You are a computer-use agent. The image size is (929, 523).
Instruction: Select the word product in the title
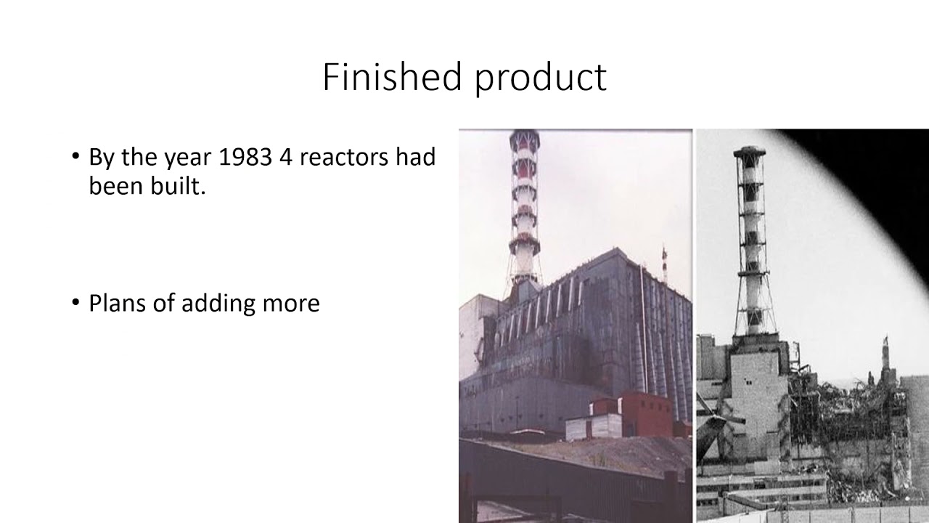coord(541,78)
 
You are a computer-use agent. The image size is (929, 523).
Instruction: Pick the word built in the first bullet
coord(185,186)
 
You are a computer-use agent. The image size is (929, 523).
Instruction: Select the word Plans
coord(115,303)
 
